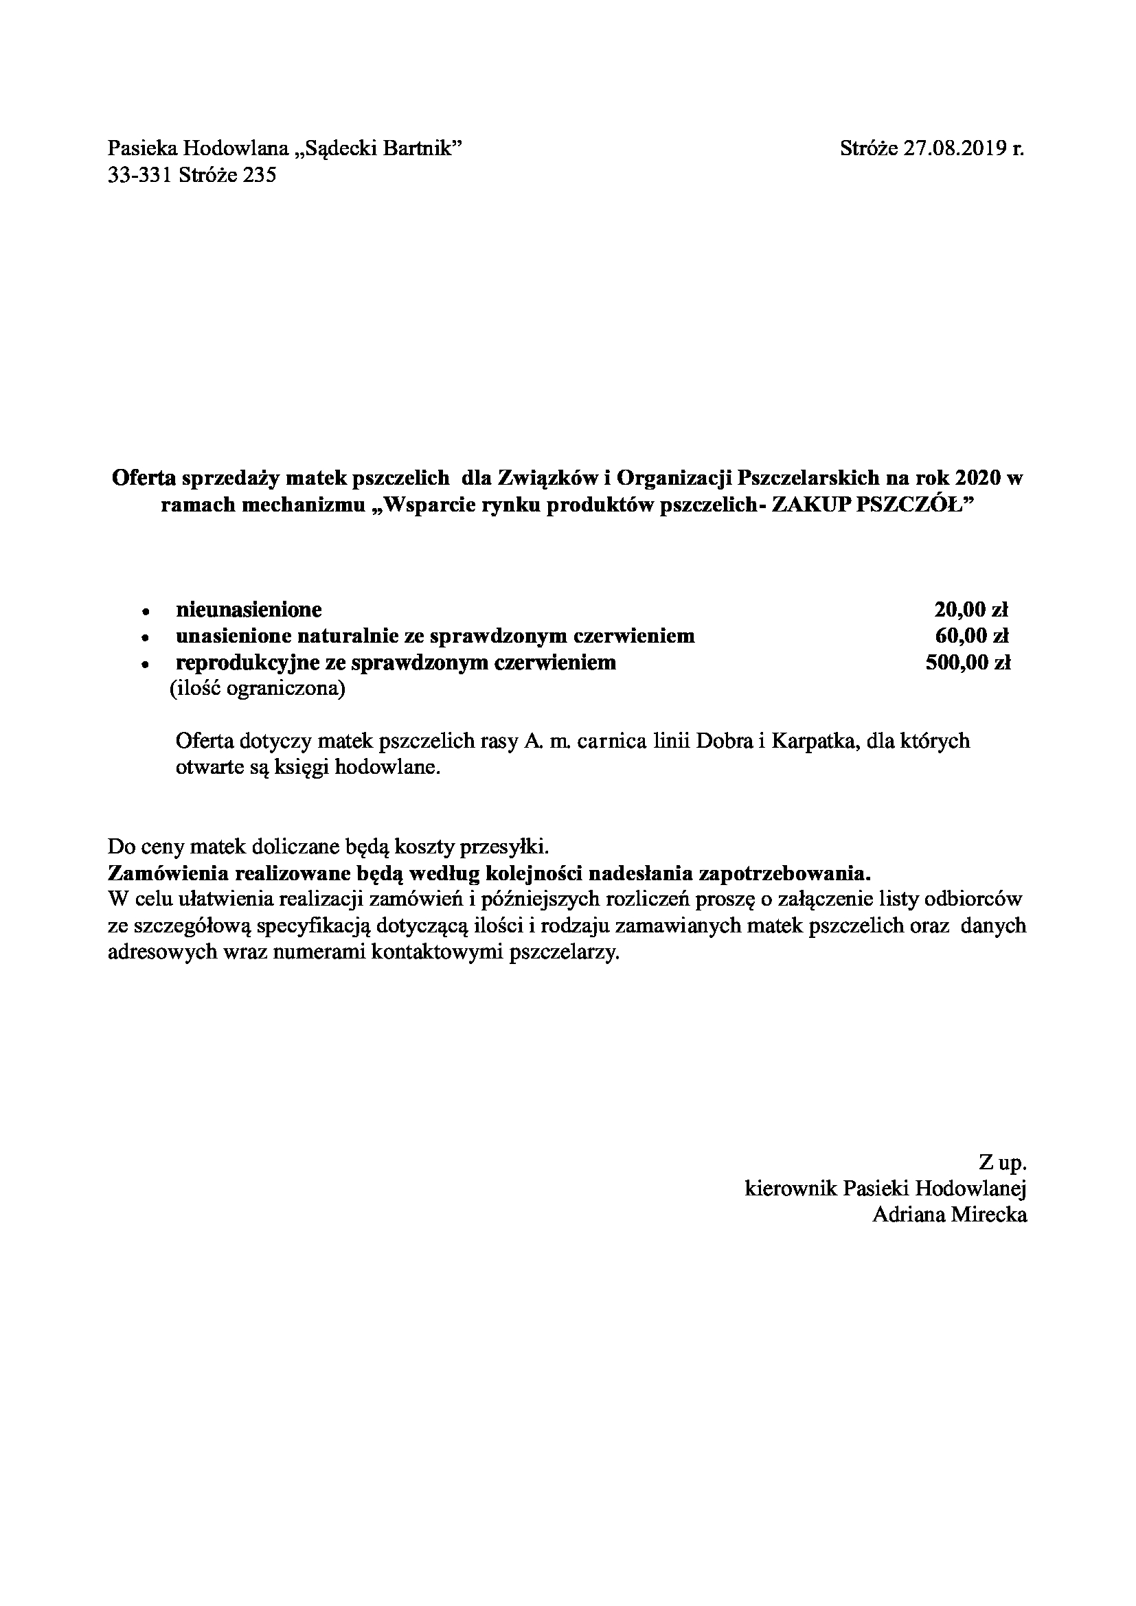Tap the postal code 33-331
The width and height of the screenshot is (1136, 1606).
[140, 174]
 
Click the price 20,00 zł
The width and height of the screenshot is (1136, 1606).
[971, 610]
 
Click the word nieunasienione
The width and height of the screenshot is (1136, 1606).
[249, 610]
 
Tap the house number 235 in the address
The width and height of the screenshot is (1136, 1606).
[260, 174]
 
